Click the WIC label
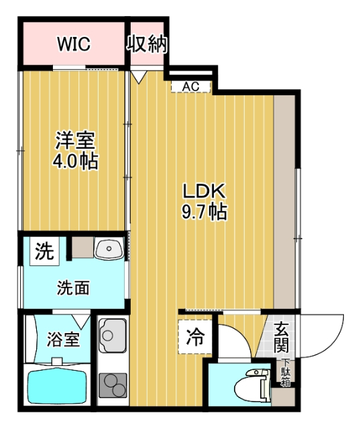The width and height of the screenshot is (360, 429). [74, 44]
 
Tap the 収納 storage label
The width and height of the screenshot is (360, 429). [147, 44]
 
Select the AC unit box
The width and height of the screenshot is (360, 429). [191, 86]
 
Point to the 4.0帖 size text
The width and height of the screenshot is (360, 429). [75, 162]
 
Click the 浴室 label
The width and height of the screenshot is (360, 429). [63, 339]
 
